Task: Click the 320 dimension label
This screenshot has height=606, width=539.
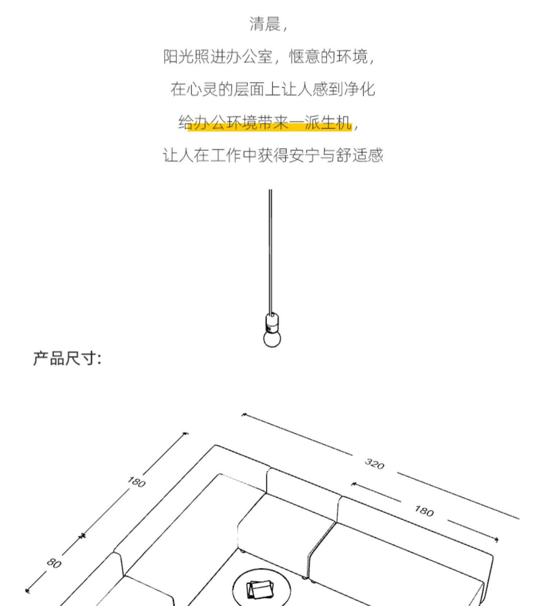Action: coord(374,464)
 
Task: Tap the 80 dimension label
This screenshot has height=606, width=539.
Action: coord(54,564)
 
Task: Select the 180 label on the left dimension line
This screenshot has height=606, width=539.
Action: coord(137,482)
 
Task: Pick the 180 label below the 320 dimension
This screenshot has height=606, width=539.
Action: coord(424,511)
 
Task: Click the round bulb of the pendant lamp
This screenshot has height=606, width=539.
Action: coord(272,339)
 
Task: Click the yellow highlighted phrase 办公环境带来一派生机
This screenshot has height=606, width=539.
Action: coord(269,123)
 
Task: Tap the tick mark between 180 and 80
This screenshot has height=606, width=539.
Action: coord(83,536)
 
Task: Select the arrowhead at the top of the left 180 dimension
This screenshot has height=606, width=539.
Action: coord(186,434)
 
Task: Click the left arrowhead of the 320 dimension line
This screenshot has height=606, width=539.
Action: coord(244,415)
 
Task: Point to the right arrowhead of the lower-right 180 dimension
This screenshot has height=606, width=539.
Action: coord(497,539)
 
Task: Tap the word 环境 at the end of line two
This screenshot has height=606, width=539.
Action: coord(352,57)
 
